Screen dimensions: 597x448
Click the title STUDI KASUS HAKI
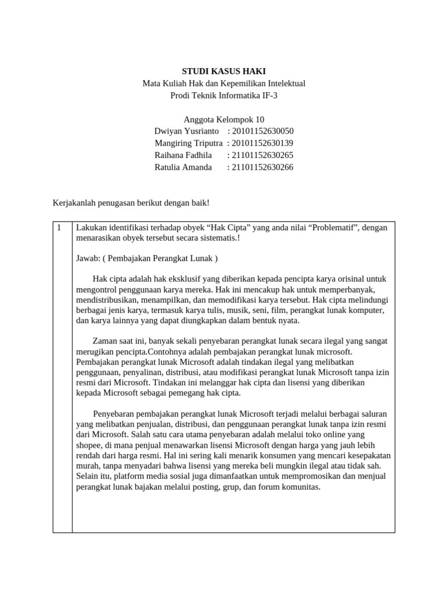[x=223, y=71]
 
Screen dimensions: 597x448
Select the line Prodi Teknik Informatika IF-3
[x=223, y=95]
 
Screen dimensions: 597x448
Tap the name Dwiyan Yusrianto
[x=187, y=131]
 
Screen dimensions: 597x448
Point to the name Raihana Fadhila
[x=183, y=155]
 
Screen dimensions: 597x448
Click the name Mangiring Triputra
[x=188, y=143]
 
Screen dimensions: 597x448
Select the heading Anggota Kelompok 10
[x=223, y=120]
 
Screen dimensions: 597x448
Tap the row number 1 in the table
[x=60, y=227]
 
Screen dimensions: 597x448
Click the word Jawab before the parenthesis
[x=87, y=258]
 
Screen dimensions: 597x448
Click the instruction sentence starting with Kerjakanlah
[x=131, y=202]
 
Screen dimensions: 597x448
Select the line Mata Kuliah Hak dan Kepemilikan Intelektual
[x=223, y=83]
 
